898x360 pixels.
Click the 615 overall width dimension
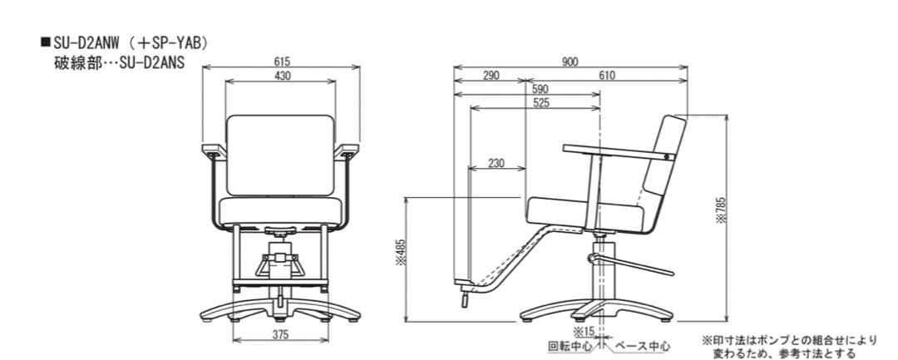pyautogui.click(x=283, y=62)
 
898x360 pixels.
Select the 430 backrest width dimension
pyautogui.click(x=283, y=76)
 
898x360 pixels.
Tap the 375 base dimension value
pyautogui.click(x=281, y=334)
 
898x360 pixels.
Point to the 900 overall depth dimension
pyautogui.click(x=570, y=62)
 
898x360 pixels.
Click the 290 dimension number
pyautogui.click(x=491, y=76)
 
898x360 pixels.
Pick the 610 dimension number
pyautogui.click(x=607, y=76)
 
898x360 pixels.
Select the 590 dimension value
pyautogui.click(x=540, y=89)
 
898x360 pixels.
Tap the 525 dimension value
pyautogui.click(x=540, y=103)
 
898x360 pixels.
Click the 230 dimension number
pyautogui.click(x=496, y=164)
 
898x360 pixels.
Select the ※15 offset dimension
pyautogui.click(x=582, y=332)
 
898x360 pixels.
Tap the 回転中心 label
pyautogui.click(x=570, y=346)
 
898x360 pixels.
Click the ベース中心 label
pyautogui.click(x=642, y=346)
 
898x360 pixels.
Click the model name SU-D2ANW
pyautogui.click(x=86, y=43)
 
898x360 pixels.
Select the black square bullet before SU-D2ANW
pyautogui.click(x=45, y=43)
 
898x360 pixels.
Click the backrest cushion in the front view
pyautogui.click(x=281, y=155)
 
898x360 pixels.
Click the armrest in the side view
pyautogui.click(x=619, y=151)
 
